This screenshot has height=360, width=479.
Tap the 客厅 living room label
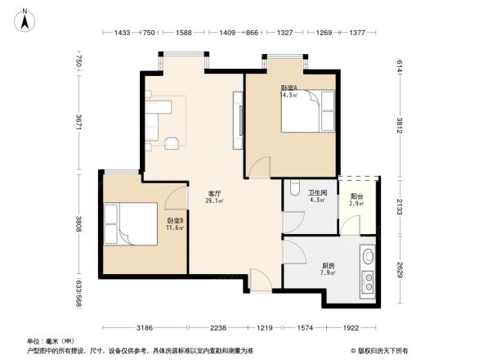pos(215,194)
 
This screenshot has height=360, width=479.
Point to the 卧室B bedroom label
pos(175,221)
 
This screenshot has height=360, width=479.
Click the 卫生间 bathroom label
pos(318,193)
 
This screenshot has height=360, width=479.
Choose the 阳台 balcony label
pos(356,196)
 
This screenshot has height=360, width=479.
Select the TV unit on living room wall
pos(238,121)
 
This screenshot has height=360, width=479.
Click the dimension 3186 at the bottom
pos(144,328)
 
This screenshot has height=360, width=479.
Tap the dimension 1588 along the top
pos(184,33)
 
